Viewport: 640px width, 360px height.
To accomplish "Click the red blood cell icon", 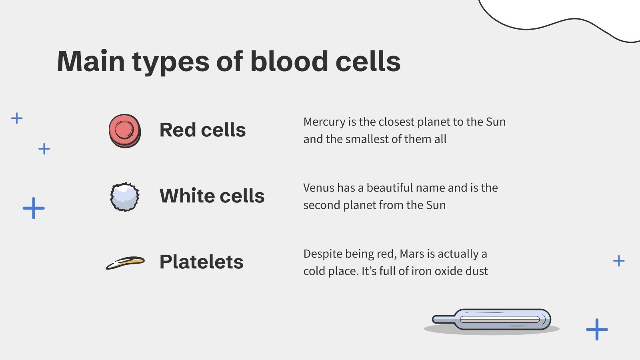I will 125,131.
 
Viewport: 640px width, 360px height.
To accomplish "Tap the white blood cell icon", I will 125,197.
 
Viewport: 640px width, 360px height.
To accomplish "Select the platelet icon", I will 125,262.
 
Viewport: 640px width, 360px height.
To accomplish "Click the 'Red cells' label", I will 202,130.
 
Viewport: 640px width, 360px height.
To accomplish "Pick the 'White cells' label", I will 212,196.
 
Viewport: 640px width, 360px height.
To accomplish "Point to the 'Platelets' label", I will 201,262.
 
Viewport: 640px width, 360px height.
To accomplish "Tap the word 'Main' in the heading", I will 91,62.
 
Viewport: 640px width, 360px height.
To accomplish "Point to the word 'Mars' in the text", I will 412,254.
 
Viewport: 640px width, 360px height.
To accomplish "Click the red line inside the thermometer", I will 500,320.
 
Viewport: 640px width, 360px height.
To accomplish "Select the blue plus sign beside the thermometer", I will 597,329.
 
